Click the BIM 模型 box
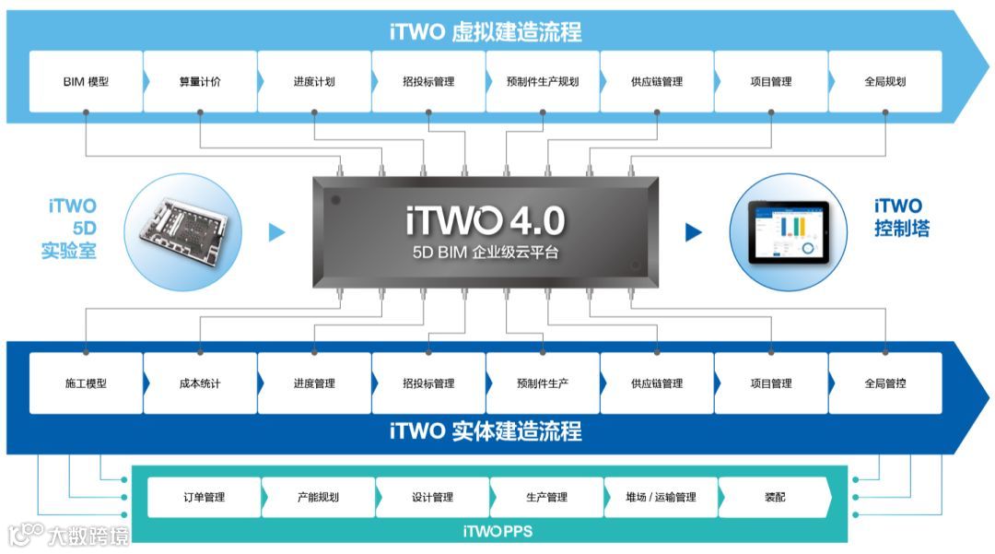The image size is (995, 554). click(x=86, y=81)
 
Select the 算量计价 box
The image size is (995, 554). click(x=200, y=81)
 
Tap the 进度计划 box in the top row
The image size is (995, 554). click(x=314, y=81)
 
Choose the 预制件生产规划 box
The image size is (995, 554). click(x=543, y=81)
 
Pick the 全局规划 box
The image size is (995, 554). click(x=885, y=81)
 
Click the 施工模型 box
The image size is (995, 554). click(x=86, y=383)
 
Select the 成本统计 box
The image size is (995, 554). click(x=200, y=383)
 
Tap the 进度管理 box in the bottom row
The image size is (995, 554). click(x=314, y=383)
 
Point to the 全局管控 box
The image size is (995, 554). click(x=885, y=383)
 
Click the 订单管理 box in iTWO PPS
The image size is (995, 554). click(x=204, y=497)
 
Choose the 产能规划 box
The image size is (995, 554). click(x=318, y=497)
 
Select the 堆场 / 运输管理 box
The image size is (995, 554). click(x=661, y=497)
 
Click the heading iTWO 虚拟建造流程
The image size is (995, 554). click(x=486, y=32)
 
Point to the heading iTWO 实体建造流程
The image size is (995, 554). click(x=486, y=431)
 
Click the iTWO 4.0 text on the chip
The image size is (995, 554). click(x=485, y=220)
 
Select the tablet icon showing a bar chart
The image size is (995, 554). click(x=788, y=231)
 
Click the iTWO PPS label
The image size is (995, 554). click(x=497, y=531)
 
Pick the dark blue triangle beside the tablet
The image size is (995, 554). click(x=694, y=232)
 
